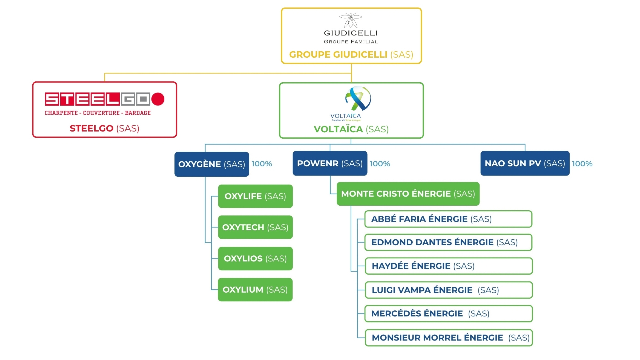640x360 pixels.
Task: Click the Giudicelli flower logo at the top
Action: (x=351, y=20)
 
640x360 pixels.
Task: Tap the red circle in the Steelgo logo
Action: (x=158, y=99)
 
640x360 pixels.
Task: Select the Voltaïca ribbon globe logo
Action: (x=358, y=98)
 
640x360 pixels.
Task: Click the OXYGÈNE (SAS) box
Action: (x=212, y=164)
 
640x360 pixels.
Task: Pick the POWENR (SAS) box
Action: (x=330, y=163)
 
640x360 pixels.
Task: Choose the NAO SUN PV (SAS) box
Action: (x=525, y=163)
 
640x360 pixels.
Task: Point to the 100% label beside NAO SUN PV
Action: (x=582, y=164)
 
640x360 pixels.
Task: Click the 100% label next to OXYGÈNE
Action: (x=262, y=164)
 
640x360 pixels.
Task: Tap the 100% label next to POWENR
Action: (x=380, y=164)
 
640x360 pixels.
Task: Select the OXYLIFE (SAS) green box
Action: (x=255, y=196)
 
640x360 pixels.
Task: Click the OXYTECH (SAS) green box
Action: (x=255, y=227)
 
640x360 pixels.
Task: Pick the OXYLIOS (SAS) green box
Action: (x=255, y=258)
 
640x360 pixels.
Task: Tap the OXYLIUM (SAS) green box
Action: (x=255, y=290)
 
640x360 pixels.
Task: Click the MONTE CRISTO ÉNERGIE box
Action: (x=408, y=194)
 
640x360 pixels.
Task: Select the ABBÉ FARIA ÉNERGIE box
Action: (x=448, y=219)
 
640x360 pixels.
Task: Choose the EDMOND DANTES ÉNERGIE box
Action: (x=448, y=242)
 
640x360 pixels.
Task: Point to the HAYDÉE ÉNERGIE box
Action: (x=448, y=266)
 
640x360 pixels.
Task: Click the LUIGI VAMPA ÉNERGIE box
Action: (x=448, y=290)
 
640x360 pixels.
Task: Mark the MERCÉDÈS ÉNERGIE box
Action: (x=448, y=314)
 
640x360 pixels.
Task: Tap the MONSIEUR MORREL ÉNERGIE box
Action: (x=448, y=338)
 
